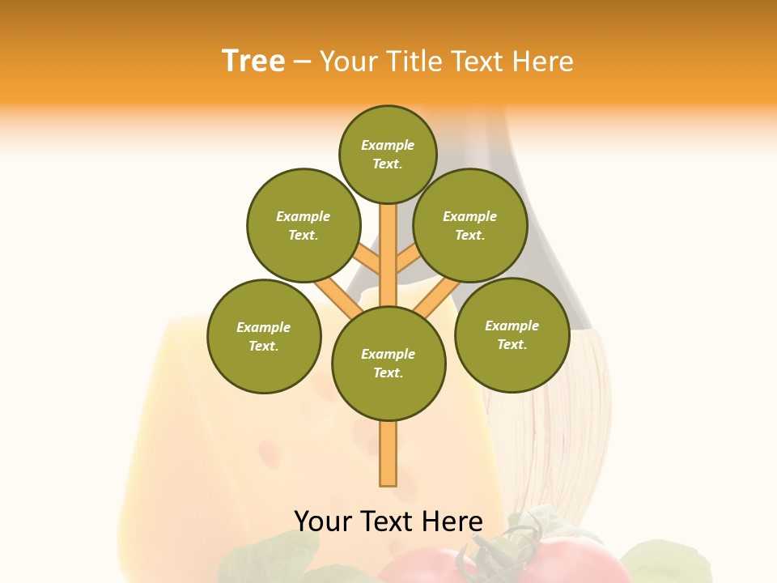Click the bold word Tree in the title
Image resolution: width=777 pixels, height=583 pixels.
click(253, 61)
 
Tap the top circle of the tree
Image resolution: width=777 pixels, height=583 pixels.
click(388, 154)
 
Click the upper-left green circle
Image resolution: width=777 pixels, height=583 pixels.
click(303, 225)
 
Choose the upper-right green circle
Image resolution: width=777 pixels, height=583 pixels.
click(469, 225)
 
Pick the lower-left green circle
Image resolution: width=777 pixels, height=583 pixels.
click(263, 336)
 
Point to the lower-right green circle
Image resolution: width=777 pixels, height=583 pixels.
click(512, 334)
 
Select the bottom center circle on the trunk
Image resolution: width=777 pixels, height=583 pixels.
click(388, 363)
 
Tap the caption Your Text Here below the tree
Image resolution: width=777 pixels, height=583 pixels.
click(388, 521)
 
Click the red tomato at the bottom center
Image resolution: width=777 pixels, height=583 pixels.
click(421, 567)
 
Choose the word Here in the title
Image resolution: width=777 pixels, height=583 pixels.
click(543, 61)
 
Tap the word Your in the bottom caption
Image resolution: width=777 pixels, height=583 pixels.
click(324, 521)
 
